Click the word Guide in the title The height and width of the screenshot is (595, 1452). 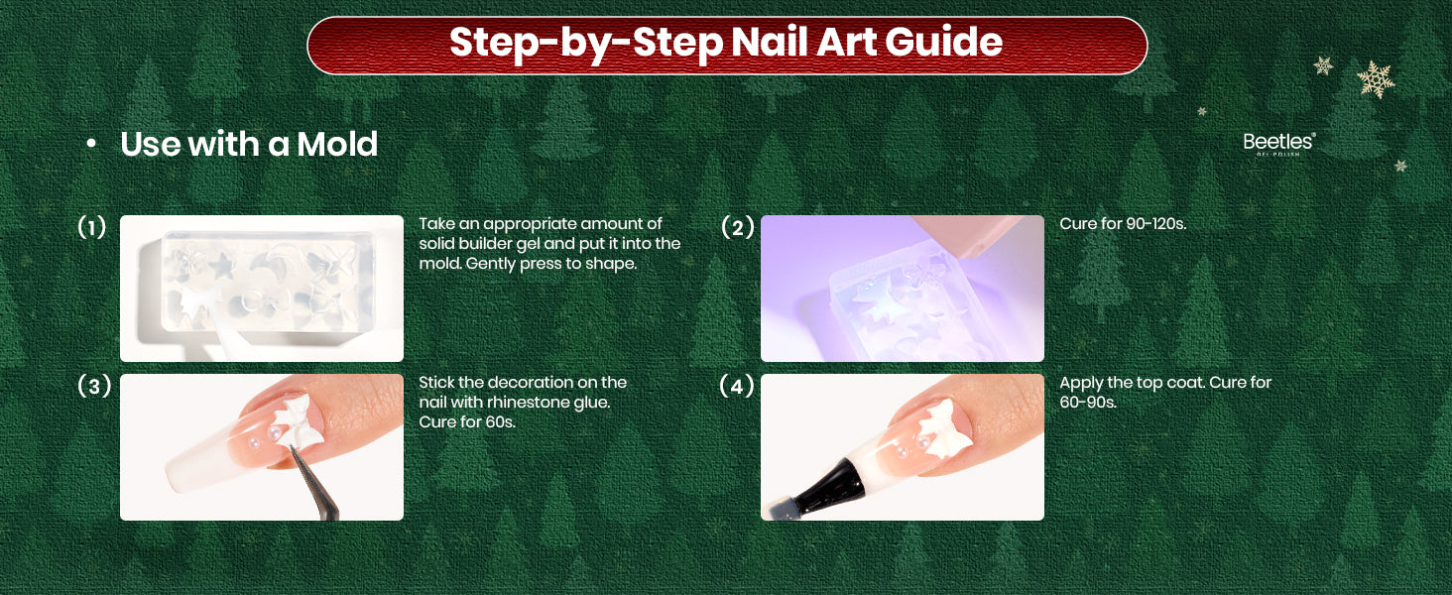coord(944,42)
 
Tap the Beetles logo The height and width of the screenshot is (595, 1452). coord(1278,144)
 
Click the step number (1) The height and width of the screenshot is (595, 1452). coord(92,227)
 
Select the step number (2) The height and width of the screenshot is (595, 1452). coord(738,227)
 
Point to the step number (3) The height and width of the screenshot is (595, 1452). coord(94,386)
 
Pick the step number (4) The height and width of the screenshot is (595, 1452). coord(737,386)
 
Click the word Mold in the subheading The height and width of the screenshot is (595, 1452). coord(337,144)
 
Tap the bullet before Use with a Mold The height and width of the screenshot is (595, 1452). coord(91,145)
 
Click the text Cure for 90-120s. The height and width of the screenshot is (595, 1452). coord(1123,223)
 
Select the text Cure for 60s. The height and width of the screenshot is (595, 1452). coord(467,421)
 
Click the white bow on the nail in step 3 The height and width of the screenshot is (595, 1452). coord(296,421)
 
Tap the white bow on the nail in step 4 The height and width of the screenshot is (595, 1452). coord(944,427)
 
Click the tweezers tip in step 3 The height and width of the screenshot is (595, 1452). coord(292,448)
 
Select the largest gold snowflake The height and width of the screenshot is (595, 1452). coord(1376,79)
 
